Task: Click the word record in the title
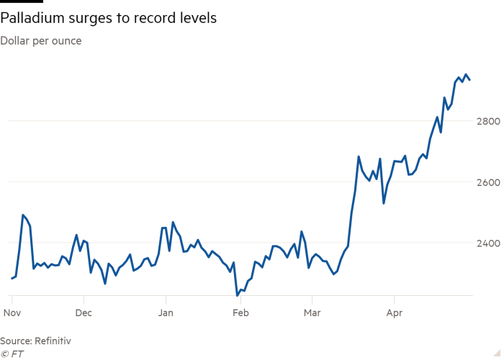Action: (x=146, y=19)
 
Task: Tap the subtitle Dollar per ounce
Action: (x=41, y=41)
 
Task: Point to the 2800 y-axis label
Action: (x=487, y=120)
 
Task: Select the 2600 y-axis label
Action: (x=487, y=181)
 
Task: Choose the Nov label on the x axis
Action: (x=12, y=313)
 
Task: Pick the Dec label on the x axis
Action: (x=84, y=313)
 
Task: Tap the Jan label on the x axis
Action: (x=166, y=313)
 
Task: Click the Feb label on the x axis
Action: (x=240, y=313)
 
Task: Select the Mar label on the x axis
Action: (x=312, y=313)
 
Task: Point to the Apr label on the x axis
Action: (x=394, y=313)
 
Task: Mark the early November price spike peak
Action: (x=23, y=215)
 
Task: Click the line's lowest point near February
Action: (x=237, y=295)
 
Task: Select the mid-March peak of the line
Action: (x=359, y=156)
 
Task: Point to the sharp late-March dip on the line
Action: (x=384, y=203)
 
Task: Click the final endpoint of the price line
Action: (x=470, y=80)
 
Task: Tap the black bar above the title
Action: (x=22, y=2)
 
